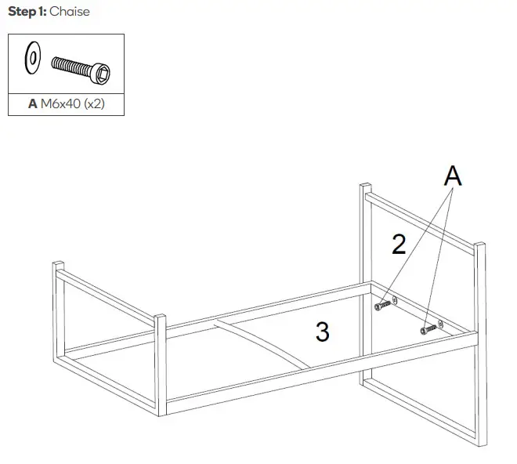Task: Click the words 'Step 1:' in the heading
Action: click(x=27, y=12)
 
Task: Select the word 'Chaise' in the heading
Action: click(x=70, y=12)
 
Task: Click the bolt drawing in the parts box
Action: click(x=83, y=68)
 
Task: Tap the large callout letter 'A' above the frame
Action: click(x=452, y=176)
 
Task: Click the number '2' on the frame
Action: click(x=399, y=245)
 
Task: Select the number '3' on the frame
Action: click(x=322, y=332)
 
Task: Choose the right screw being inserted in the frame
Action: click(x=428, y=329)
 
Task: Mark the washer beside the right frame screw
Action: click(x=440, y=324)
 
